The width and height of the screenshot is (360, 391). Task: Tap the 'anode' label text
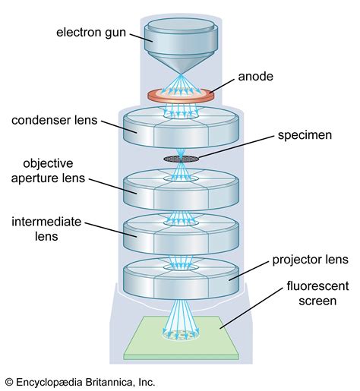pos(256,77)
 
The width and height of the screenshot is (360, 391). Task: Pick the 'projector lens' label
pos(308,260)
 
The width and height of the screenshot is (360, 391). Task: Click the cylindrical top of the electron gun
pos(179,30)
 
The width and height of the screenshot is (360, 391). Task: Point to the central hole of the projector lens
pos(181,268)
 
